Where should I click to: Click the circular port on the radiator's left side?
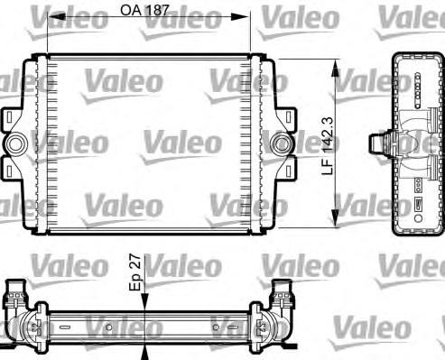point(15,143)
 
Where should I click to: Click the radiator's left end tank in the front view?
point(38,143)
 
